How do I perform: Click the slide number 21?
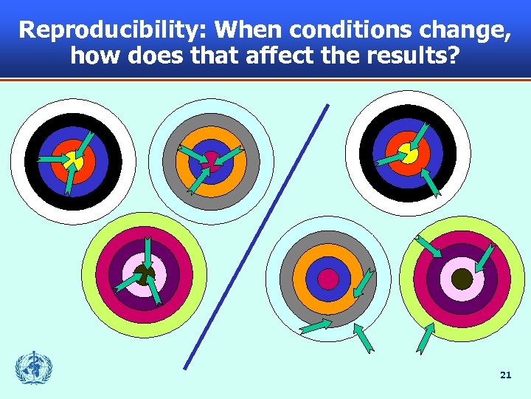pyautogui.click(x=505, y=375)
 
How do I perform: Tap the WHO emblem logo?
pyautogui.click(x=35, y=367)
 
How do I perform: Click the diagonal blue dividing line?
pyautogui.click(x=254, y=236)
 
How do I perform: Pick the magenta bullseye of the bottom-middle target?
pyautogui.click(x=328, y=279)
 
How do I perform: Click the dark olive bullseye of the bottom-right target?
pyautogui.click(x=462, y=279)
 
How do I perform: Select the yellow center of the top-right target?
pyautogui.click(x=408, y=153)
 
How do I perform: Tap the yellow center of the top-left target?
pyautogui.click(x=73, y=160)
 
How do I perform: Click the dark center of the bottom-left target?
pyautogui.click(x=144, y=275)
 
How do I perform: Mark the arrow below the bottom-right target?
pyautogui.click(x=425, y=338)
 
